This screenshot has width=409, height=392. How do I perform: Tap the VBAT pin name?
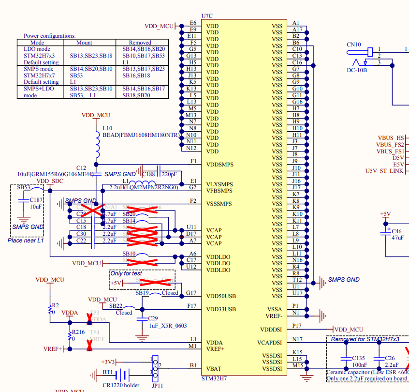(214, 368)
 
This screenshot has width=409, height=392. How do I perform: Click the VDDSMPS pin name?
(219, 165)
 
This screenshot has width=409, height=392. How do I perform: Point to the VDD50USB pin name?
(221, 296)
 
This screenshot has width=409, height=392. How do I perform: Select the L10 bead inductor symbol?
(97, 145)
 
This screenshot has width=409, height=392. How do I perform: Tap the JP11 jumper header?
(155, 368)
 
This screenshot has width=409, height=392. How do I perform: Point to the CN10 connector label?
(354, 45)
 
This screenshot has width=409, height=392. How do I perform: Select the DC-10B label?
(357, 71)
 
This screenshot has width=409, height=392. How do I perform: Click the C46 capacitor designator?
(397, 232)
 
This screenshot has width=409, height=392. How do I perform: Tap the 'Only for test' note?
(126, 273)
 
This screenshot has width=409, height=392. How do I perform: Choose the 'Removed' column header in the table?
(140, 43)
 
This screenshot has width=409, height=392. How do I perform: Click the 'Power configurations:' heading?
(50, 36)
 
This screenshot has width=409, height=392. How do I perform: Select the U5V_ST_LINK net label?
(385, 171)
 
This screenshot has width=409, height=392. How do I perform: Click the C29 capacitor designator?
(153, 318)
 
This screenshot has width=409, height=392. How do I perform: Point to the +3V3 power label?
(108, 362)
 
